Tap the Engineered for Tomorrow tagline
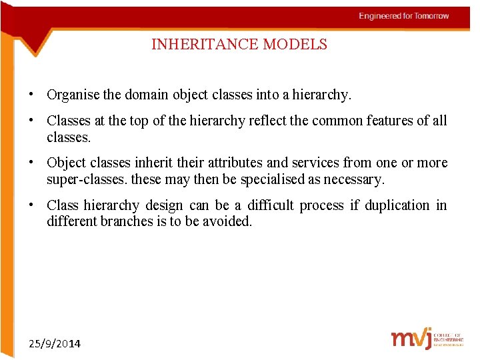tap(404, 16)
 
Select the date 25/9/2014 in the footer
tap(55, 344)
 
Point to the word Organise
tap(73, 95)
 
